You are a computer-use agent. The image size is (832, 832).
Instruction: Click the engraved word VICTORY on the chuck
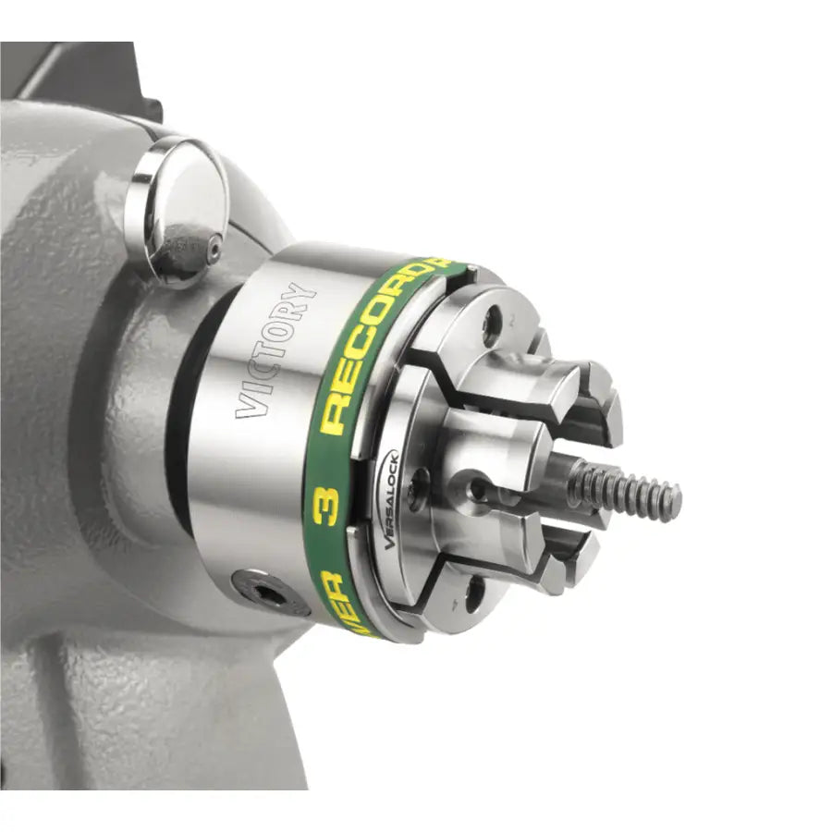pos(275,349)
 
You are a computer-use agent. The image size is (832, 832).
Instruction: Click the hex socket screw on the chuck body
pos(269,592)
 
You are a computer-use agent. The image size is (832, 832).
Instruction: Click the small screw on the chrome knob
pos(214,249)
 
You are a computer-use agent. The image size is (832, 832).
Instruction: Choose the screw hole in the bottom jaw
pos(474,593)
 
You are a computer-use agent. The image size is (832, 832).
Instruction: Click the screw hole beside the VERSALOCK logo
pos(420,478)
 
